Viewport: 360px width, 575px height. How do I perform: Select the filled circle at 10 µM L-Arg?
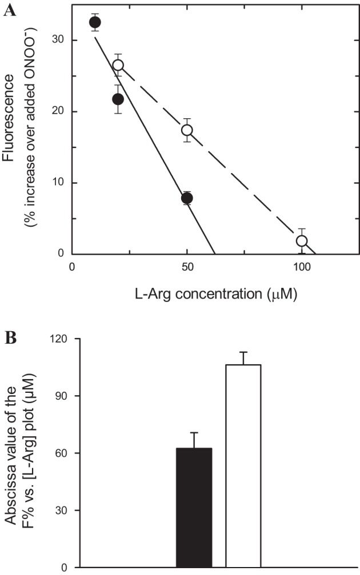click(95, 22)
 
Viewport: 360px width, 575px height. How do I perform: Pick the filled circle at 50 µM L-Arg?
click(187, 198)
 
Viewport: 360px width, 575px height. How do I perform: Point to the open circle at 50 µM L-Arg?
click(187, 130)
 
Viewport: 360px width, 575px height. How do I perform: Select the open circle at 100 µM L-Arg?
click(302, 241)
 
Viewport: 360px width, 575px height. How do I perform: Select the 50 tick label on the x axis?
click(187, 267)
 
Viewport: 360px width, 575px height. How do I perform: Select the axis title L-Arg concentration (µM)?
click(215, 294)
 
